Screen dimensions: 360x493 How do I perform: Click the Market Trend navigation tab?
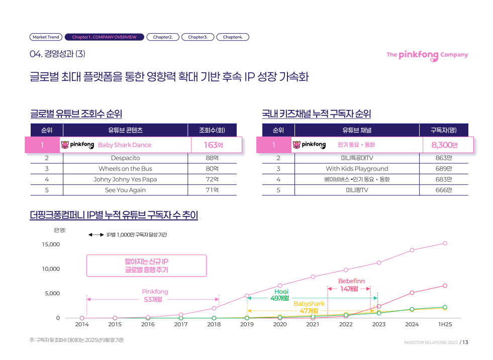click(46, 37)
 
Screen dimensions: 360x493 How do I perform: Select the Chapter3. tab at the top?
click(198, 37)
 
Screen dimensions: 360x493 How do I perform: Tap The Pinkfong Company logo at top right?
click(427, 55)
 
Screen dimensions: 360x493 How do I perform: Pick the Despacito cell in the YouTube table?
click(125, 158)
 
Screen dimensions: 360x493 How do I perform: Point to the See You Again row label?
click(125, 190)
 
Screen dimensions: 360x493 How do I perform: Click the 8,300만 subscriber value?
click(444, 145)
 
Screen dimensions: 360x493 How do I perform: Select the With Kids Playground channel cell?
click(357, 169)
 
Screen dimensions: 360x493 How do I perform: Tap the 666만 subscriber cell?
click(444, 190)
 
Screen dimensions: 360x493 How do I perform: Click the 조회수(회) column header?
click(212, 130)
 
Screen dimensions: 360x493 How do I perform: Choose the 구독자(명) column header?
click(444, 130)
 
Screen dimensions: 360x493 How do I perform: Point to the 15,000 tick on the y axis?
click(50, 245)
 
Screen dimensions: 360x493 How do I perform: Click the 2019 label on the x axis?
click(247, 324)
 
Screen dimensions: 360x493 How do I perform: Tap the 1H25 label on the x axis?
click(445, 324)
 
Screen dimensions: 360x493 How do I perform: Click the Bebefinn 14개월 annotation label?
click(351, 285)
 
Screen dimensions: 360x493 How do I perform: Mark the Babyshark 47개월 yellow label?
click(309, 307)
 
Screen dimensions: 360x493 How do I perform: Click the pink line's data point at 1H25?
click(445, 243)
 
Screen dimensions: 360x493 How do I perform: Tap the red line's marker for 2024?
click(412, 293)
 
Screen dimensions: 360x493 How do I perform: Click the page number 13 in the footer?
click(465, 342)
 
